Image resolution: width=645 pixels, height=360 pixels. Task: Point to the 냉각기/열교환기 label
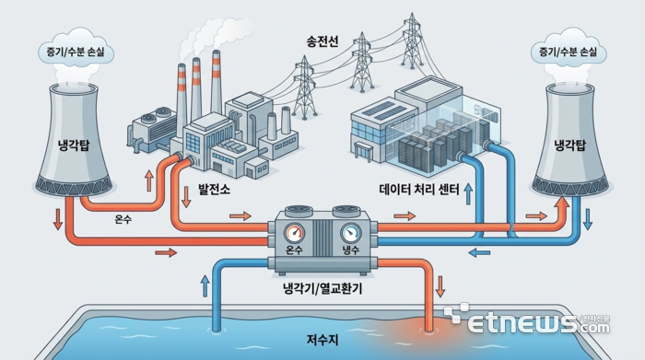[322, 289]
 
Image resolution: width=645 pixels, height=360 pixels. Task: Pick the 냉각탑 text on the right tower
[571, 144]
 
